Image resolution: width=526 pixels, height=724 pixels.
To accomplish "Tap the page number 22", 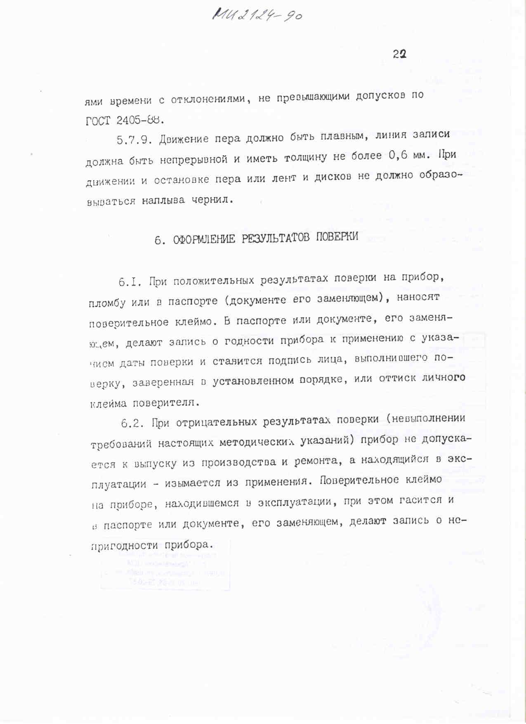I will point(399,54).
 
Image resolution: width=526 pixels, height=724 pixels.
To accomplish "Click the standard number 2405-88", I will point(140,121).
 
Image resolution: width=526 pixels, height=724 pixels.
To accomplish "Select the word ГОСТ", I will point(98,121).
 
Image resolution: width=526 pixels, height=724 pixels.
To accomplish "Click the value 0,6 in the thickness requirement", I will point(398,156).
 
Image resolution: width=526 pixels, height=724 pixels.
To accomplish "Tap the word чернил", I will point(212,200).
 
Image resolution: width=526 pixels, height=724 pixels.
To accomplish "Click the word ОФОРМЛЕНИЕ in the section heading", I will point(204,239).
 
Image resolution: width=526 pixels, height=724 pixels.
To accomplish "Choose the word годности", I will point(249,341).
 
